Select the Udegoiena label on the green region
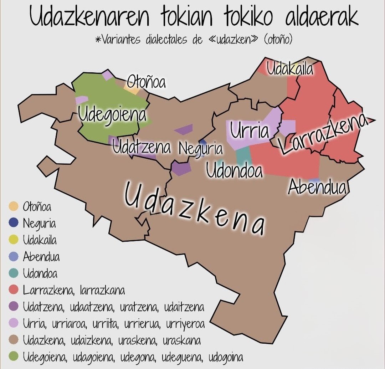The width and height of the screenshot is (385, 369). tap(112, 115)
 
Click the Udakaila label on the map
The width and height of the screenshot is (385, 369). tap(290, 69)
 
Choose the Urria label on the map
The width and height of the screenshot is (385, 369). tap(249, 131)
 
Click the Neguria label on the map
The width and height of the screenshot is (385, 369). tap(201, 149)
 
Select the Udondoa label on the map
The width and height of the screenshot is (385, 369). tap(234, 171)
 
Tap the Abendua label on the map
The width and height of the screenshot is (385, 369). tap(317, 187)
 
